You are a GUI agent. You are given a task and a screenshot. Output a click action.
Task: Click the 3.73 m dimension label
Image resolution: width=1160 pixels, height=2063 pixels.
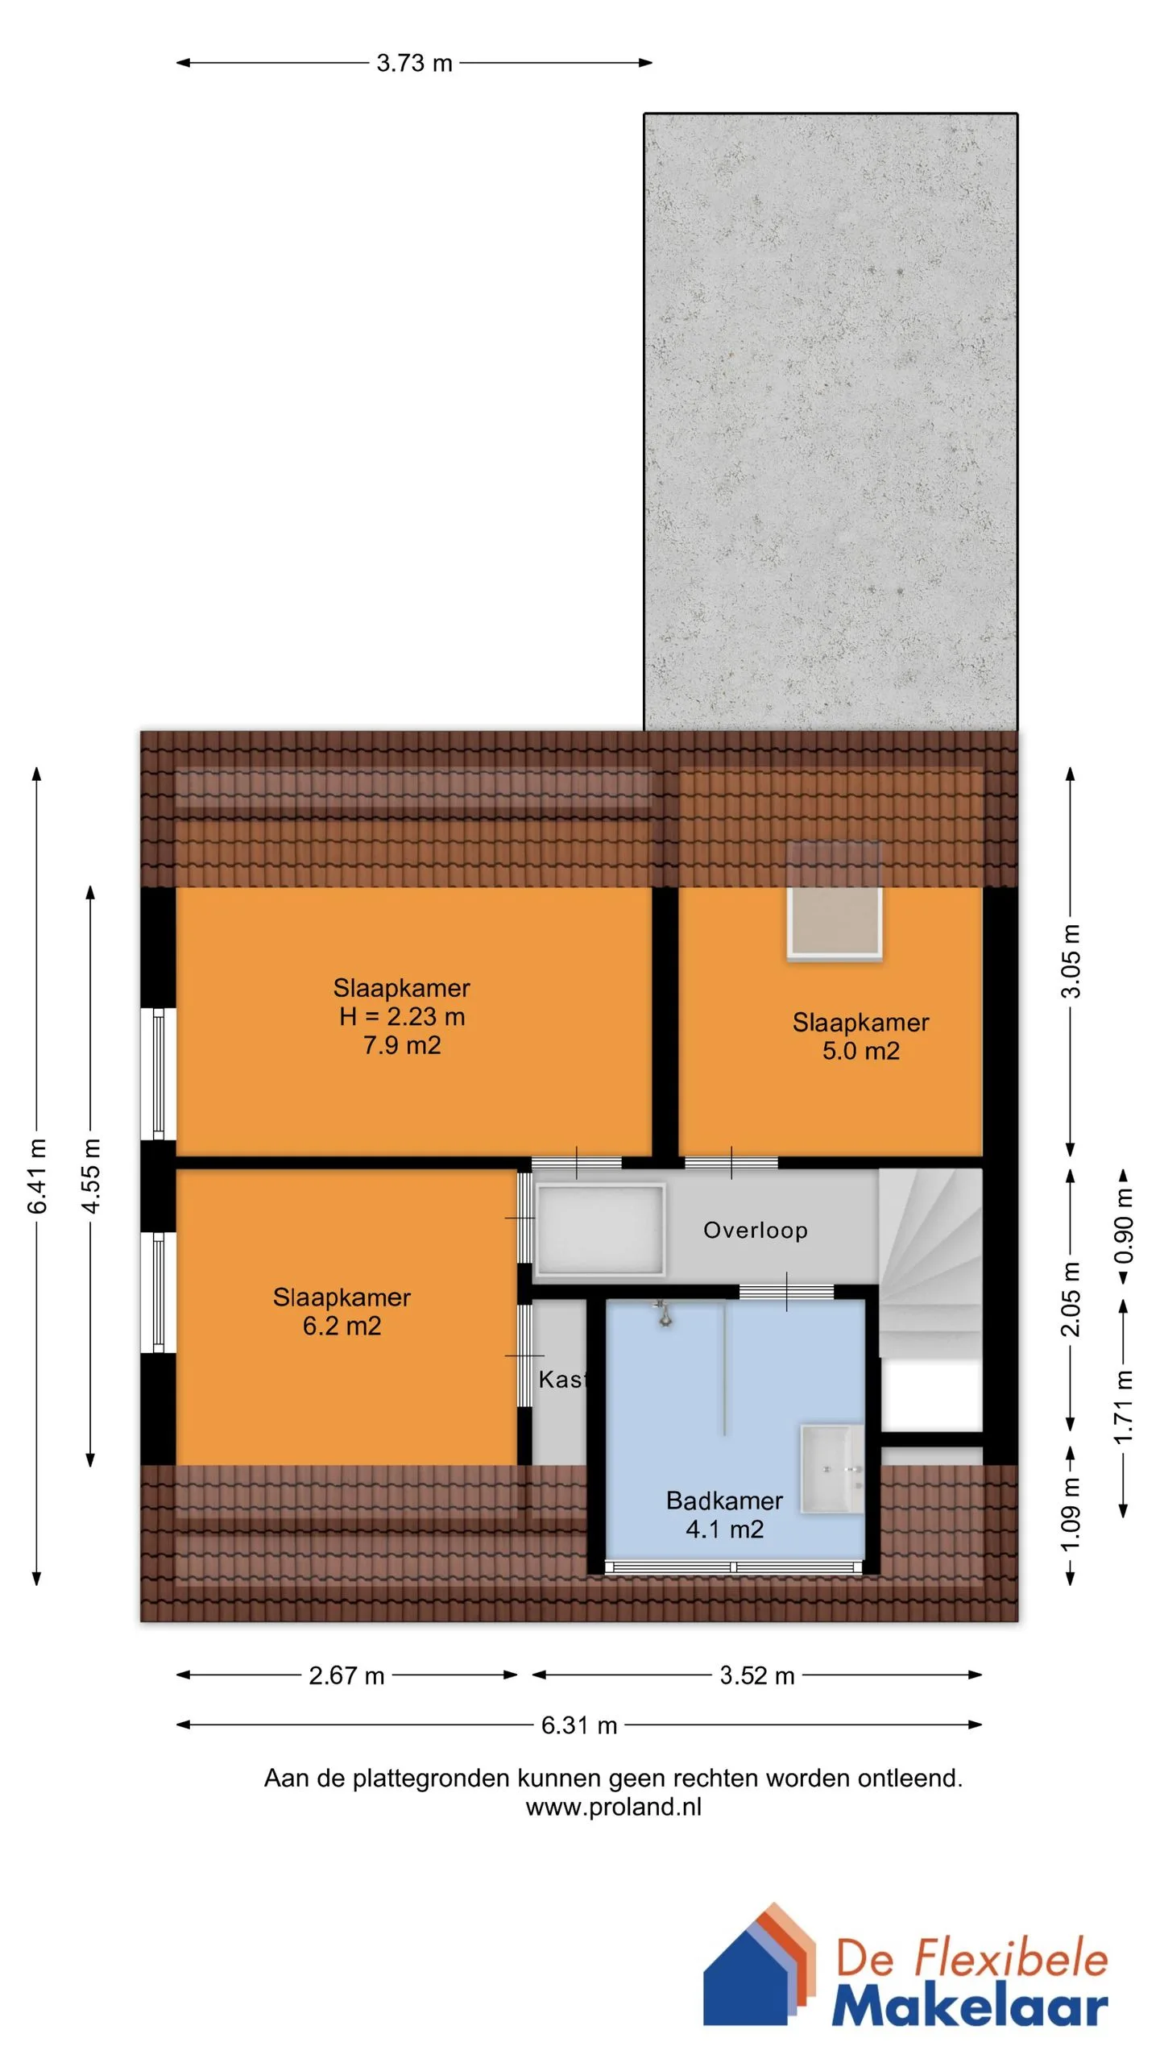pyautogui.click(x=414, y=63)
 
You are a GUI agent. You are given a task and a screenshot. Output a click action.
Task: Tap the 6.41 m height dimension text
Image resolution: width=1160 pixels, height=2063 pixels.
pyautogui.click(x=37, y=1176)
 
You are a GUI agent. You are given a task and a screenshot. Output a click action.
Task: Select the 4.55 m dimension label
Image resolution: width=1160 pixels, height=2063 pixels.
pyautogui.click(x=91, y=1176)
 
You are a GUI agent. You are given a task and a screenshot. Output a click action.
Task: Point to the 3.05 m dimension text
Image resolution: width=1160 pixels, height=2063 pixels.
pyautogui.click(x=1070, y=961)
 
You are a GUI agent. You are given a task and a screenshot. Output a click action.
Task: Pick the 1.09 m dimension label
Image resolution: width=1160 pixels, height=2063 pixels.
pyautogui.click(x=1070, y=1514)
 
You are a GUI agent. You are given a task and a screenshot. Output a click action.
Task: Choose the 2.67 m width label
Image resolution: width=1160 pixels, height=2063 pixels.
pyautogui.click(x=346, y=1675)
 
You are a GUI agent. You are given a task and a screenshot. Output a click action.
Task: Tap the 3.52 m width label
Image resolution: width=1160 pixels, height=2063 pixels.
pyautogui.click(x=757, y=1675)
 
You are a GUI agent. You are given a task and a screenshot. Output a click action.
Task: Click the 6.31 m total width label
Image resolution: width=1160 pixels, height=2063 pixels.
pyautogui.click(x=579, y=1725)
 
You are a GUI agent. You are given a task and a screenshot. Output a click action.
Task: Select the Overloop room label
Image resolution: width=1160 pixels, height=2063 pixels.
pyautogui.click(x=756, y=1230)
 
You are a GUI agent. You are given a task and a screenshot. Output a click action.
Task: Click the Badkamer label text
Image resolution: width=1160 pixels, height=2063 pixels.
pyautogui.click(x=724, y=1501)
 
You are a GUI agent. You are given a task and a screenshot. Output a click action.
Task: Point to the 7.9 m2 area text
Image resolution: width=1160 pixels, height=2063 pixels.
pyautogui.click(x=402, y=1045)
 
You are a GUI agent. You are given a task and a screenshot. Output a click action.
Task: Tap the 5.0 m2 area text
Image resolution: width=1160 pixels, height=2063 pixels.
pyautogui.click(x=860, y=1051)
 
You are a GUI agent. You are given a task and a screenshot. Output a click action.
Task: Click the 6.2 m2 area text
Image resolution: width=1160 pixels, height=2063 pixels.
pyautogui.click(x=342, y=1326)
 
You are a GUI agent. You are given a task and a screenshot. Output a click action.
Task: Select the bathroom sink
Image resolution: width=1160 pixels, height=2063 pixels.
pyautogui.click(x=831, y=1468)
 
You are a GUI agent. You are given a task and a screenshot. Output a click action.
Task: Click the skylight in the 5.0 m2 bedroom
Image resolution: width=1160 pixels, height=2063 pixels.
pyautogui.click(x=835, y=924)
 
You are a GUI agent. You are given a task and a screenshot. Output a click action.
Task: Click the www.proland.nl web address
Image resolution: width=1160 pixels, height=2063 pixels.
pyautogui.click(x=614, y=1807)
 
